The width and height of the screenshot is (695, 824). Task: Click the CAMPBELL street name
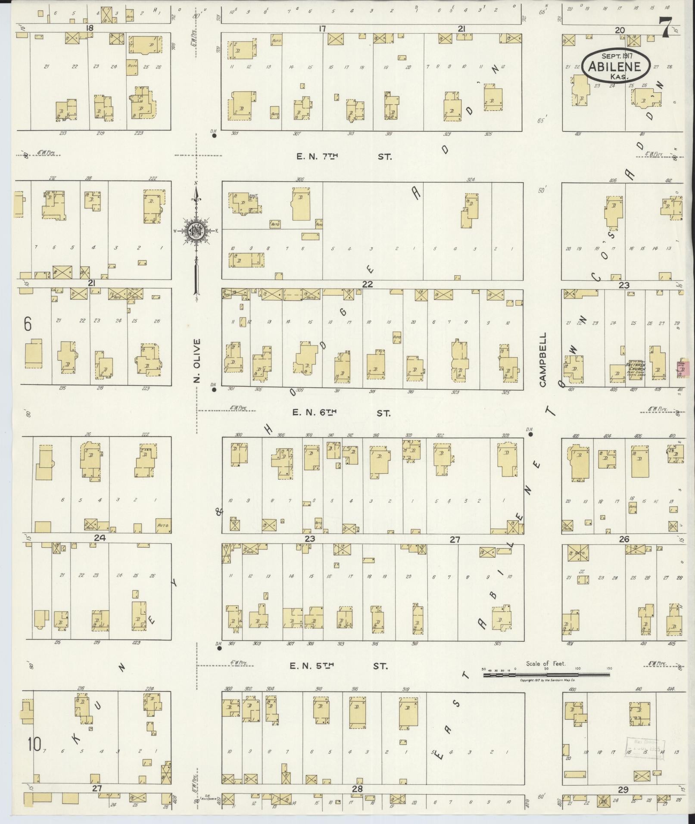(x=542, y=359)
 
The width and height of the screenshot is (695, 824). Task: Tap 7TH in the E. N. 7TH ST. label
(x=329, y=157)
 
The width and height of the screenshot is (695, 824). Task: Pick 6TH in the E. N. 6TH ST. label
(x=325, y=413)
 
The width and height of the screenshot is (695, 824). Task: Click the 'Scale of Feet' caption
(x=545, y=664)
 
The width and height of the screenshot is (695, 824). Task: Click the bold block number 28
(x=357, y=789)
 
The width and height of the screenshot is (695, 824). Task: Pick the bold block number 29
(x=623, y=790)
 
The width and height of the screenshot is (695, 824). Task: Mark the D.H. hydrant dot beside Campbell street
(x=531, y=434)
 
